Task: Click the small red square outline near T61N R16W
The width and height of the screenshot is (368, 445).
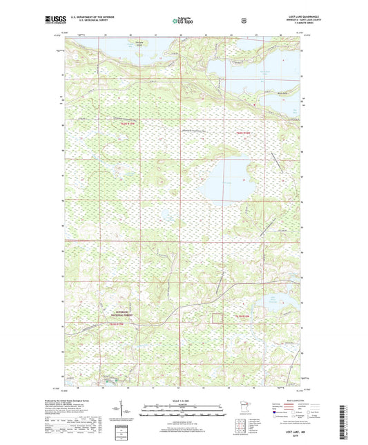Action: [x=217, y=318]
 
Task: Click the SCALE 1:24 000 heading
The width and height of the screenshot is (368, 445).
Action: [x=184, y=401]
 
